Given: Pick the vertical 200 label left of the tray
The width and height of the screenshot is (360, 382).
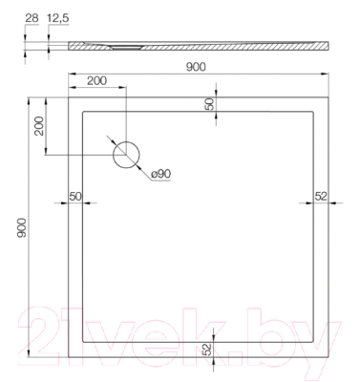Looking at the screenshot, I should pyautogui.click(x=40, y=125).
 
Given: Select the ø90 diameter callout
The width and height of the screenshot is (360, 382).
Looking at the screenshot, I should pyautogui.click(x=160, y=174).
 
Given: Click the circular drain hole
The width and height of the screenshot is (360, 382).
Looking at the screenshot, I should pyautogui.click(x=126, y=155).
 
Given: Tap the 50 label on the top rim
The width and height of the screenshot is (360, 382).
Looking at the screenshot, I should pyautogui.click(x=209, y=103).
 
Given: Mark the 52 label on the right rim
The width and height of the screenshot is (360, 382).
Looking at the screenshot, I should pyautogui.click(x=321, y=196).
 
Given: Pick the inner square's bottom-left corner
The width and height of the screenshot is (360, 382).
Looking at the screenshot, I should pyautogui.click(x=82, y=342).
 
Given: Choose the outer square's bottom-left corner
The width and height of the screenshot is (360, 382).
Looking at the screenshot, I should pyautogui.click(x=66, y=359).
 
